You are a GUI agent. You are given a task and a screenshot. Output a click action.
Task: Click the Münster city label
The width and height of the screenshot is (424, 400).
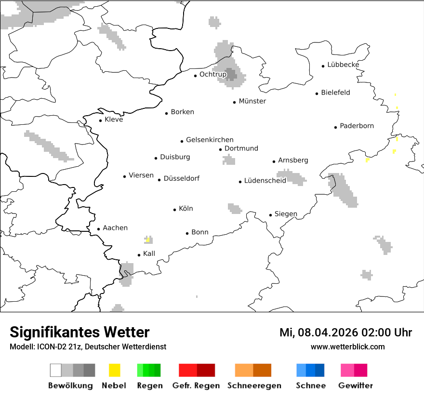point(252,101)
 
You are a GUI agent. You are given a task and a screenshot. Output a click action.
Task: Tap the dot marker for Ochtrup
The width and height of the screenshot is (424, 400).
point(195,75)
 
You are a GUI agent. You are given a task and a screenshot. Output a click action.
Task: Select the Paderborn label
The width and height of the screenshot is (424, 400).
point(357,126)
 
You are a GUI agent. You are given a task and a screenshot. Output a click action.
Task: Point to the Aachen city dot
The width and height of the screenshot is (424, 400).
point(98,229)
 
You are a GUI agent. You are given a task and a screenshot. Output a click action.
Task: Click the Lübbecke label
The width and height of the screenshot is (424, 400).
point(343,65)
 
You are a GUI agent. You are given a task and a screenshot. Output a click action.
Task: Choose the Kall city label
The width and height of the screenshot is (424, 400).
point(149,253)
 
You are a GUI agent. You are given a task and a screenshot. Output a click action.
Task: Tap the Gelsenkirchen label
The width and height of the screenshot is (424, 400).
point(210,140)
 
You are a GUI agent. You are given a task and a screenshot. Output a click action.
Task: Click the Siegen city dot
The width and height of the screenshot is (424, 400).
point(270,215)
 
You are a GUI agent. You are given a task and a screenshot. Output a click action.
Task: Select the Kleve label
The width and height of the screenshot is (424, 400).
point(114,120)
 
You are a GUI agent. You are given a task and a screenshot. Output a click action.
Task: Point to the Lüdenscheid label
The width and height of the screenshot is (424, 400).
point(265,181)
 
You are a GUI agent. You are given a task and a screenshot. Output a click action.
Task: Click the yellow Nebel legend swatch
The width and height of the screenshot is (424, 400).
point(114,370)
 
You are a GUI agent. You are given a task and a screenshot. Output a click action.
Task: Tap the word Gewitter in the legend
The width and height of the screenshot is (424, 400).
point(355,386)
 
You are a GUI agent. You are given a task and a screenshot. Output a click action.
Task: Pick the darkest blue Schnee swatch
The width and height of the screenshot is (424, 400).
point(320,370)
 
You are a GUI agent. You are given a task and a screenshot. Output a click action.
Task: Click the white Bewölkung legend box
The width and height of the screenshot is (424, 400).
point(55,370)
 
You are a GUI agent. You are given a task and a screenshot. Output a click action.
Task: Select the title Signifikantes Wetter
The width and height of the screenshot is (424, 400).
point(79,333)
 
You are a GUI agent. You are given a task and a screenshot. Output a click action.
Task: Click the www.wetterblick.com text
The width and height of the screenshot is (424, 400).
point(347,347)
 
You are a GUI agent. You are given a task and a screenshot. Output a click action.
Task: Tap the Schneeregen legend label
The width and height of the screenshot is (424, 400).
point(254,386)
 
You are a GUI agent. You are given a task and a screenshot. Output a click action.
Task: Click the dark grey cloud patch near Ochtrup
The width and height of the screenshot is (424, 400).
point(232,74)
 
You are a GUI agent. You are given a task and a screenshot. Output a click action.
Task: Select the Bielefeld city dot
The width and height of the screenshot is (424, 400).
point(317,93)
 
